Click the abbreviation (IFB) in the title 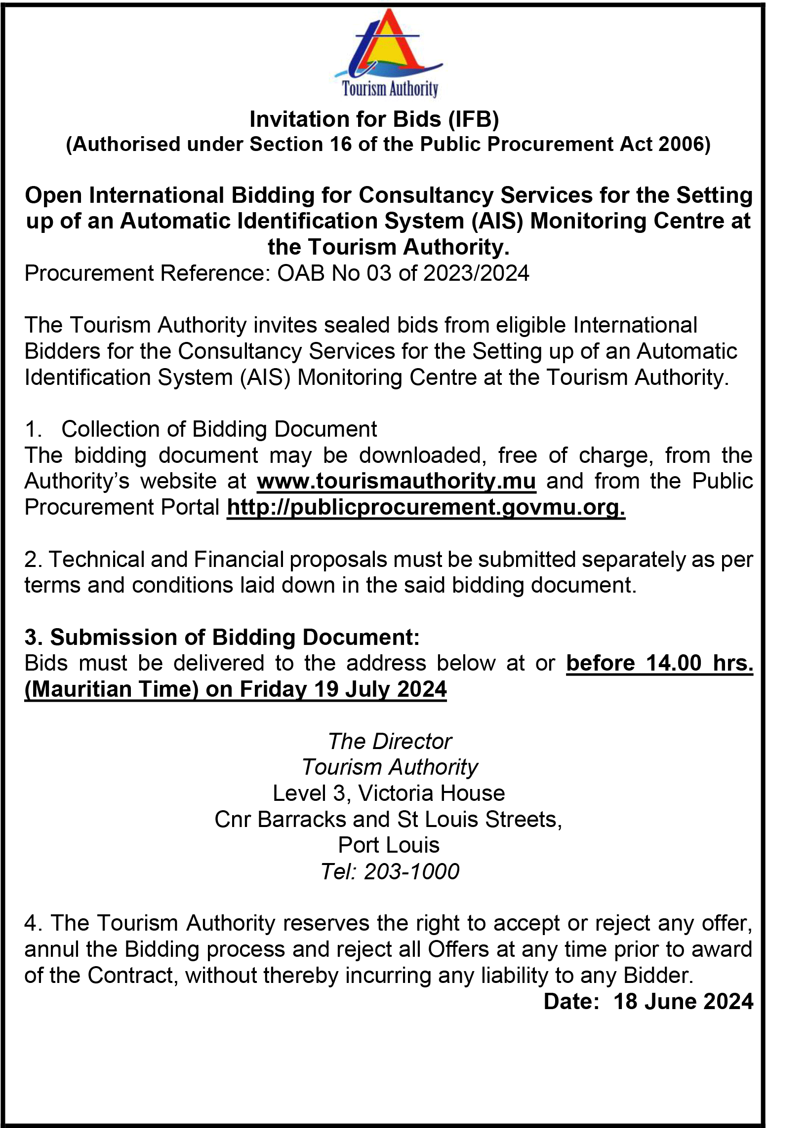(x=474, y=119)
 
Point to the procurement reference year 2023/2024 (x=476, y=273)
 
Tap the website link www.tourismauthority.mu (x=397, y=481)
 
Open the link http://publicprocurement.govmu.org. (x=425, y=508)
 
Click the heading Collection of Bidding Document (x=219, y=429)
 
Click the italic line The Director (x=390, y=742)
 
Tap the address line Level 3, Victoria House (x=389, y=793)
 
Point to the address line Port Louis (x=389, y=845)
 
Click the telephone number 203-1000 (x=411, y=871)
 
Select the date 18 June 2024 (x=683, y=1001)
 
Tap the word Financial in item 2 (x=239, y=559)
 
